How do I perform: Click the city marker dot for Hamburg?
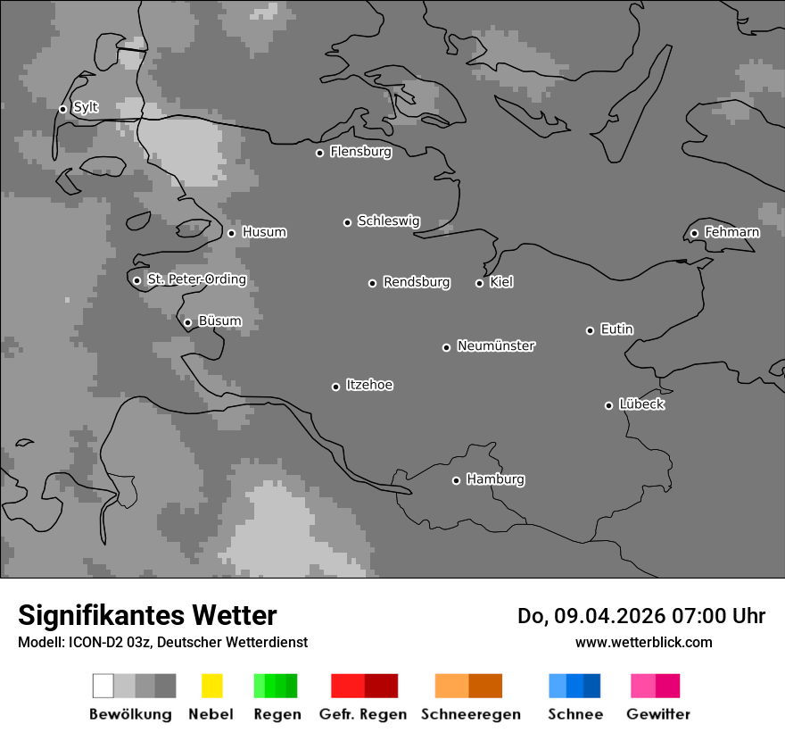456,480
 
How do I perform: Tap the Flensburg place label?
360,152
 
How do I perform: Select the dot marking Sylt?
62,109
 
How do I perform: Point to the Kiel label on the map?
501,282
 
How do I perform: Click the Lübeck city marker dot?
608,405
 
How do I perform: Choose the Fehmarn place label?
731,232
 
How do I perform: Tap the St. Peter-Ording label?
196,279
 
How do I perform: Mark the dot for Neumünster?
446,347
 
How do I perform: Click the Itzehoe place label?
369,385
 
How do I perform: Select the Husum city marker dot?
231,233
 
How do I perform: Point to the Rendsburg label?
417,282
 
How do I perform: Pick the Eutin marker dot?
590,330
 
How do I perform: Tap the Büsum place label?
219,321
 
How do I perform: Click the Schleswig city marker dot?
347,222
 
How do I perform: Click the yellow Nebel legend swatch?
211,686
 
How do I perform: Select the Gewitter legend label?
658,714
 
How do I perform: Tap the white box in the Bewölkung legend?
103,686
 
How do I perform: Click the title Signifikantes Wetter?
147,616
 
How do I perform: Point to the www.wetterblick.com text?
643,642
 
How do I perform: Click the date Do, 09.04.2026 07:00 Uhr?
641,616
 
